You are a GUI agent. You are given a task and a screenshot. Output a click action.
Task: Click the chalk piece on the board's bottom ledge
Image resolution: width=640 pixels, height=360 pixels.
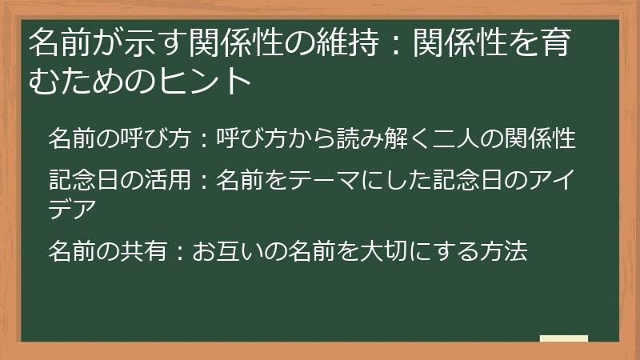[x=563, y=339]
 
